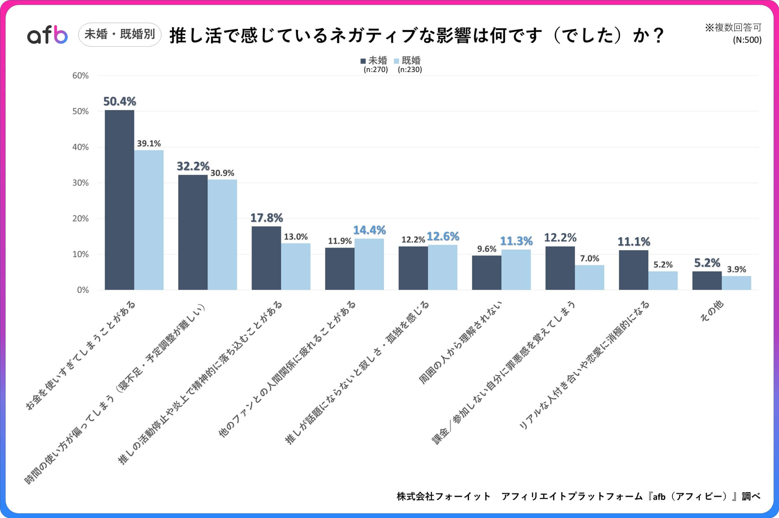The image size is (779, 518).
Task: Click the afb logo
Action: click(47, 35)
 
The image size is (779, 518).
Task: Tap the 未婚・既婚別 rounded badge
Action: click(120, 34)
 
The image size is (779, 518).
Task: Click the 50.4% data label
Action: click(120, 101)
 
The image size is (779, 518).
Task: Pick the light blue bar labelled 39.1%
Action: click(149, 220)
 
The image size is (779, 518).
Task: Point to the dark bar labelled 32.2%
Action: click(193, 232)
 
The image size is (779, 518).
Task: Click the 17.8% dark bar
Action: click(266, 258)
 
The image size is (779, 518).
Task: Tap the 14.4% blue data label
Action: click(369, 230)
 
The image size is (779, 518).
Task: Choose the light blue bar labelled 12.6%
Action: click(443, 267)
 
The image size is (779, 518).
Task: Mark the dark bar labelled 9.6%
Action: click(487, 273)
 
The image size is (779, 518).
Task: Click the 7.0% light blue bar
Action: click(589, 277)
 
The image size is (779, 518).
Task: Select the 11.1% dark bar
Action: click(634, 270)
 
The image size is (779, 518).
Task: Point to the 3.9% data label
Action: click(736, 269)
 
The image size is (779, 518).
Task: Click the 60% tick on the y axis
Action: click(81, 76)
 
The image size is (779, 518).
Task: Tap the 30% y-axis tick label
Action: click(81, 183)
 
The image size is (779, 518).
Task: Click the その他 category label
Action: click(712, 311)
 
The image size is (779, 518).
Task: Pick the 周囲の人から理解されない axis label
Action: click(460, 343)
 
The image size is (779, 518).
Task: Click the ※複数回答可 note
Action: click(733, 27)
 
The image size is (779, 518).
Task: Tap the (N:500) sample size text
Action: click(747, 40)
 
